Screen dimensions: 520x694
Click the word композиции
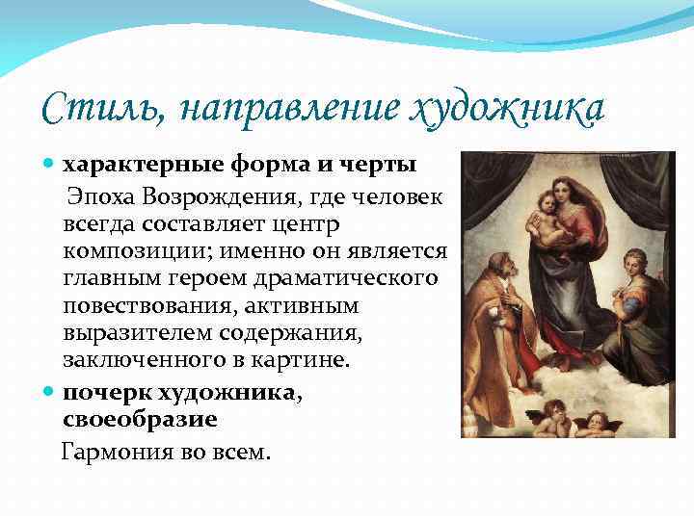(x=133, y=251)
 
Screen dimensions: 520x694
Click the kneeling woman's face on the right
(x=632, y=265)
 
